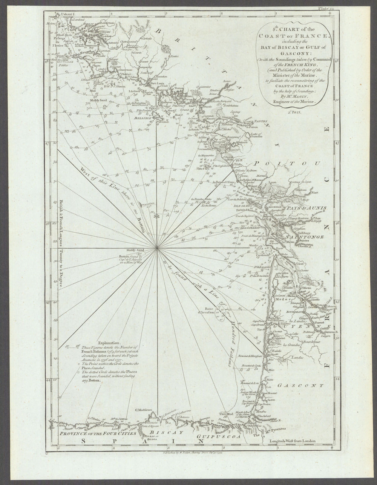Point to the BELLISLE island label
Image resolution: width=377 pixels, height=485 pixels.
(x=141, y=118)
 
